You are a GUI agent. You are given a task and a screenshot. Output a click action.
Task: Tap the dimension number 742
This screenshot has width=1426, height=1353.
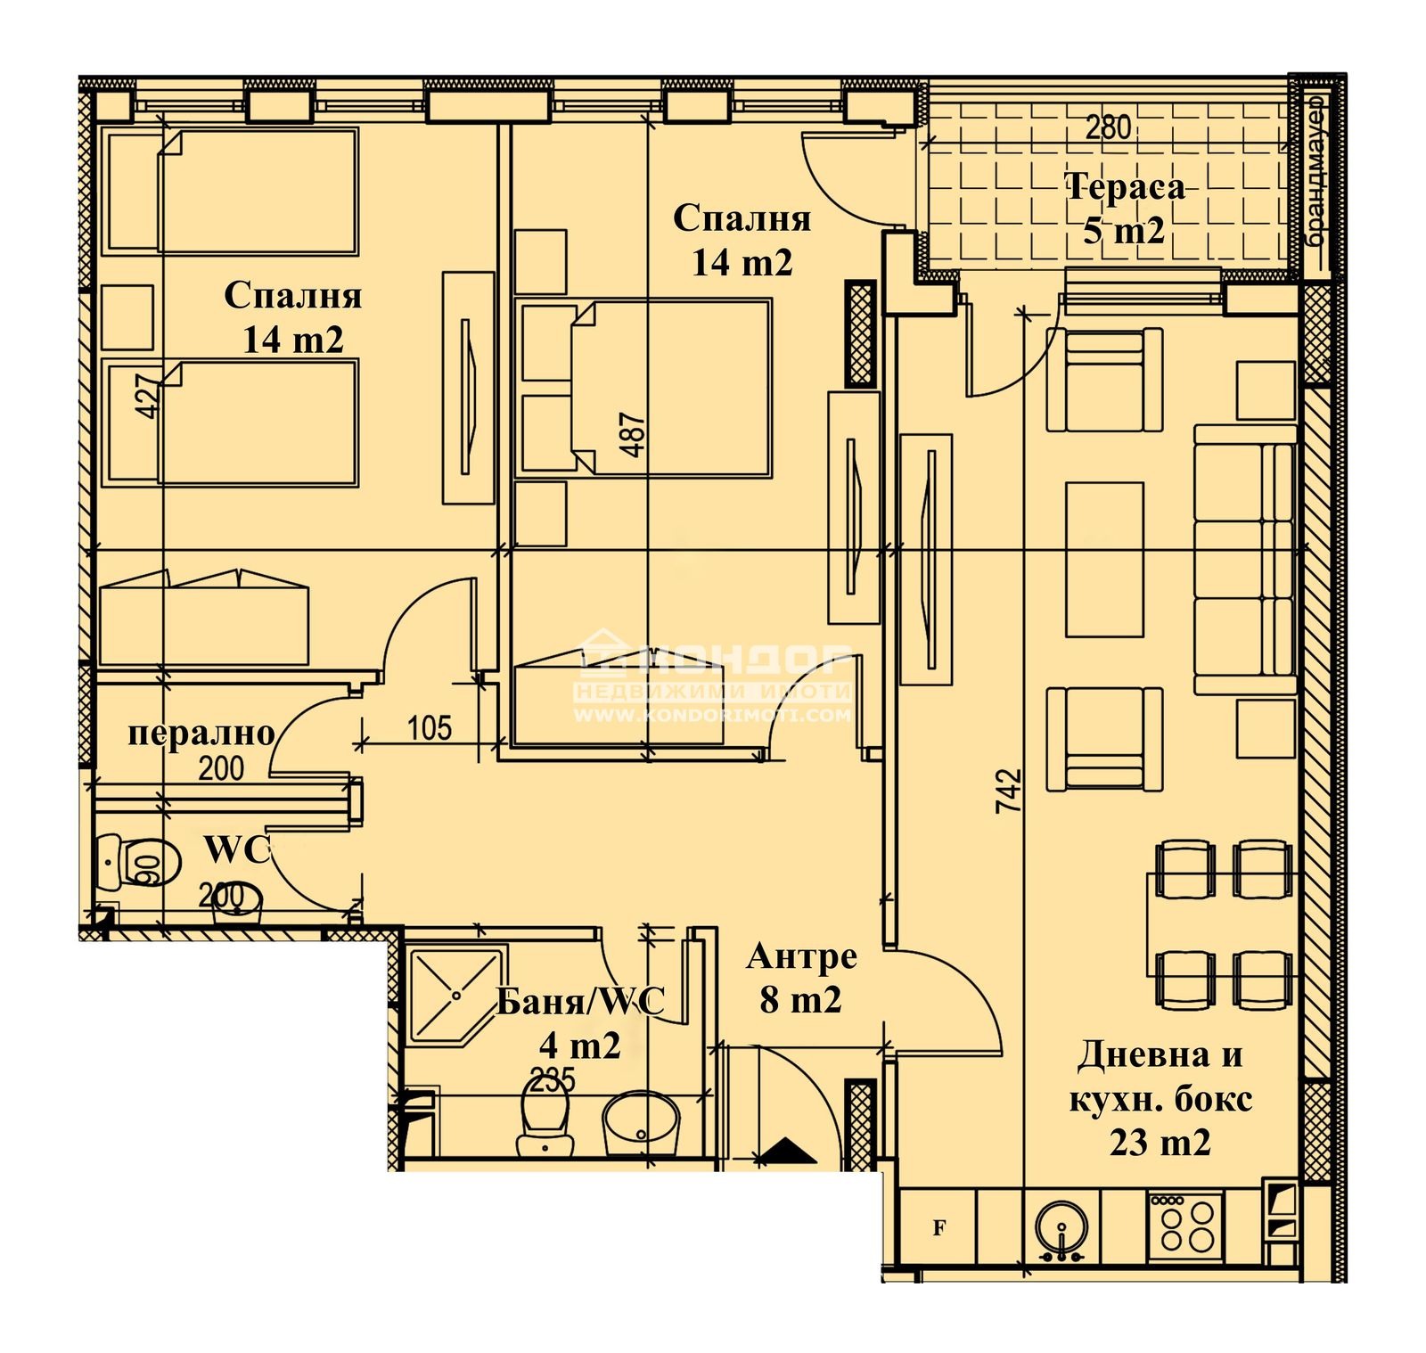(1008, 790)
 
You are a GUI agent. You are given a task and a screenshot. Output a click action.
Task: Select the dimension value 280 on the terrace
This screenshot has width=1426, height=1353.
(1108, 127)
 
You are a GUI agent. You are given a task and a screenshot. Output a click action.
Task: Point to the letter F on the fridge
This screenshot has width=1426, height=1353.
(938, 1228)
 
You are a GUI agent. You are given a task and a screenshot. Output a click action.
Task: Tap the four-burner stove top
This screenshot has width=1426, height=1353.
(1185, 1226)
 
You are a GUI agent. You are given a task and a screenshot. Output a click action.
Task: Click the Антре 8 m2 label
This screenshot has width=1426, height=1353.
(801, 978)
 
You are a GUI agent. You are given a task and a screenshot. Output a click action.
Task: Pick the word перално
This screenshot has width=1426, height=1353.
(201, 733)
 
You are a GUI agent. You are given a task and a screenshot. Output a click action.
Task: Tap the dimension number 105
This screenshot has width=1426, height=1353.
(430, 728)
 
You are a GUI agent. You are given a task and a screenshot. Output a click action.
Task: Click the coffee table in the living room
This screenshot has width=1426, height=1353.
(1104, 559)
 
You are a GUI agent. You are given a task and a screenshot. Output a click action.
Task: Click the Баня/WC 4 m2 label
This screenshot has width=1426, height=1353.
(580, 1022)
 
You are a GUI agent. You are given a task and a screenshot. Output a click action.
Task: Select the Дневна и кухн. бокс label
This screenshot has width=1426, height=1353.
(1160, 1098)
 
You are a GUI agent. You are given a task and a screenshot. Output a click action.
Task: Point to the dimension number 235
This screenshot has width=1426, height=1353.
(553, 1080)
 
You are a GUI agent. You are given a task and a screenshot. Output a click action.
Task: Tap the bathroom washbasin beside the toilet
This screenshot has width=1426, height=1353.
(641, 1122)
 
